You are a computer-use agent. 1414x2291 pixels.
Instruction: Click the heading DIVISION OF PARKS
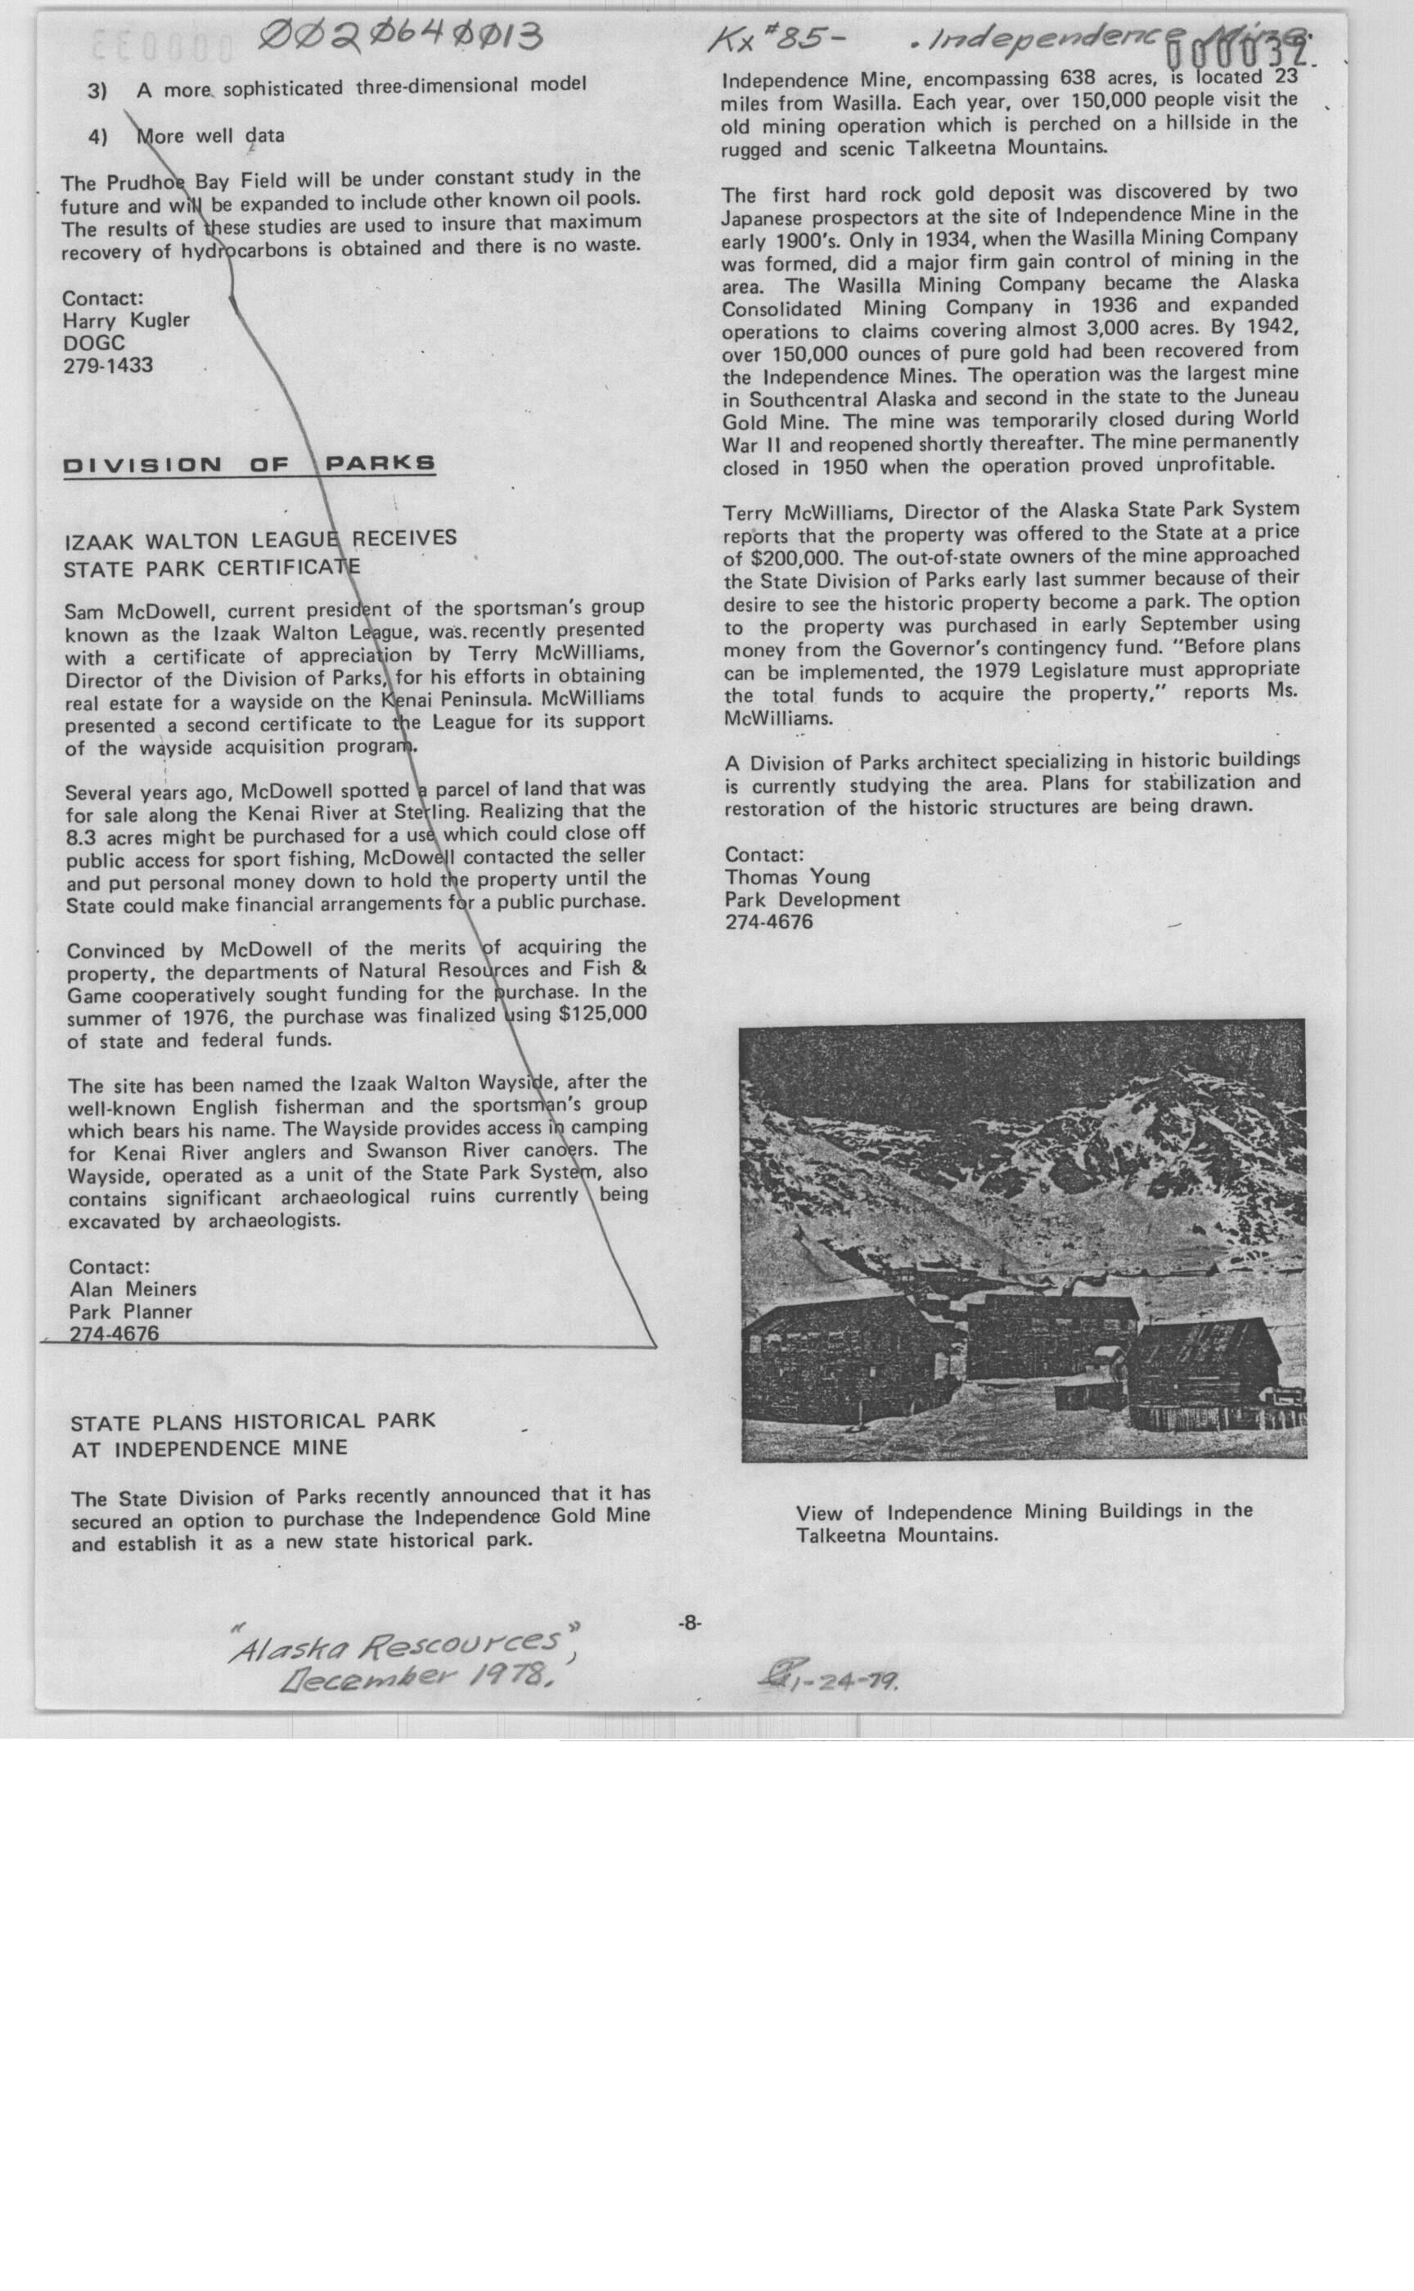coord(249,465)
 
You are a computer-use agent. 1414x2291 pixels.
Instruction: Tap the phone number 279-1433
coord(107,366)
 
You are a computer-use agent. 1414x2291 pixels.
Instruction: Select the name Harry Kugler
coord(126,321)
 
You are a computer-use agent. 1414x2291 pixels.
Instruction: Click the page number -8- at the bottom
coord(689,1623)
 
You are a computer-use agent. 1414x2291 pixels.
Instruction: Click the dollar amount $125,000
coord(602,1015)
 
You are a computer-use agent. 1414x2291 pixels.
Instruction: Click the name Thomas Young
coord(798,877)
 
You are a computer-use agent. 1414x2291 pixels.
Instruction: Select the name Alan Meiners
coord(132,1290)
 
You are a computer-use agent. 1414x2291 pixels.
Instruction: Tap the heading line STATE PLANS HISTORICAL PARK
coord(253,1422)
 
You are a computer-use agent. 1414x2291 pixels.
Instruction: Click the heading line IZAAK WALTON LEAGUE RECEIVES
coord(260,539)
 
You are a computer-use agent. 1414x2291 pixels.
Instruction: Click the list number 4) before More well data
coord(98,137)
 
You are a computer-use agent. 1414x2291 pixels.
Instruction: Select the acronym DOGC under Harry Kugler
coord(93,343)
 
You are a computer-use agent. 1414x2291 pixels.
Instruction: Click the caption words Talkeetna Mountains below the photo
coord(896,1536)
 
